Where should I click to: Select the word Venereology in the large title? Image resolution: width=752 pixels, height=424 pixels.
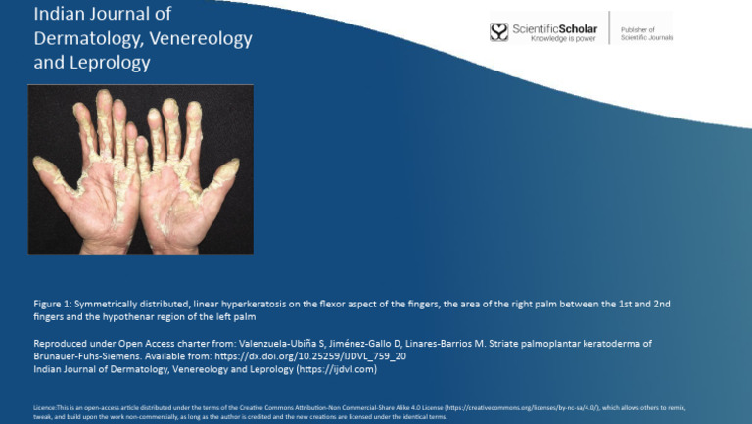pyautogui.click(x=202, y=39)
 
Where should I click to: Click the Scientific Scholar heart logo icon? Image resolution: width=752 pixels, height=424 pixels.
pyautogui.click(x=499, y=31)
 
